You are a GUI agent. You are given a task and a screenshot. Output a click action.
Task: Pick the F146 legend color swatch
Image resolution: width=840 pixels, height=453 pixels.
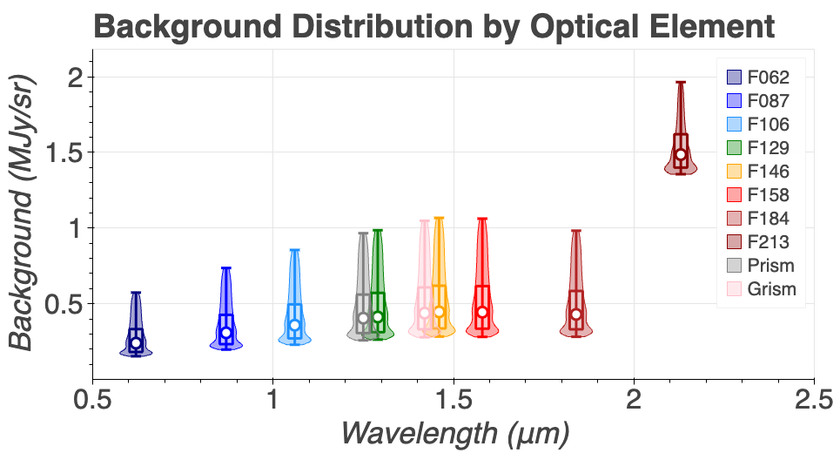point(733,172)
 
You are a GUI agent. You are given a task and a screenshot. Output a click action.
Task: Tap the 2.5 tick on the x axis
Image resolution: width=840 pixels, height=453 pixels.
point(813,402)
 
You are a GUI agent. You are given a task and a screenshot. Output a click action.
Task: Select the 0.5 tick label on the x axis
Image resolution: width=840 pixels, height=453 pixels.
point(93,402)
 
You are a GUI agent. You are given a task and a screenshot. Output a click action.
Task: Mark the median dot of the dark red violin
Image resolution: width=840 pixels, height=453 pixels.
point(681,154)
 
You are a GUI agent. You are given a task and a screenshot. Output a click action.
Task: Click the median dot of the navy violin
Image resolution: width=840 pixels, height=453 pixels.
point(136,343)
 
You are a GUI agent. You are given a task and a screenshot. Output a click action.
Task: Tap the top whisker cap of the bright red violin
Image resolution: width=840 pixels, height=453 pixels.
point(482,219)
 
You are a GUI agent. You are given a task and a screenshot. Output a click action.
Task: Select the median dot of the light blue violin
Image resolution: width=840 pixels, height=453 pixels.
point(294,325)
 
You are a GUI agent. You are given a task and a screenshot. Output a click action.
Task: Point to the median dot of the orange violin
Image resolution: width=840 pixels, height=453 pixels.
point(439,312)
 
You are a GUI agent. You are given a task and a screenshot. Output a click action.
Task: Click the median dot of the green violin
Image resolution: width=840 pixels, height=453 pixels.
point(378,317)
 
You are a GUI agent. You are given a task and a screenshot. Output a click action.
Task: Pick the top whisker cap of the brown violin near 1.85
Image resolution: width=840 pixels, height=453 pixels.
point(575,231)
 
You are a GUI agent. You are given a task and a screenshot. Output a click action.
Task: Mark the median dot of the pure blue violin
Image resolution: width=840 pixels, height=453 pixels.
point(226,332)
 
